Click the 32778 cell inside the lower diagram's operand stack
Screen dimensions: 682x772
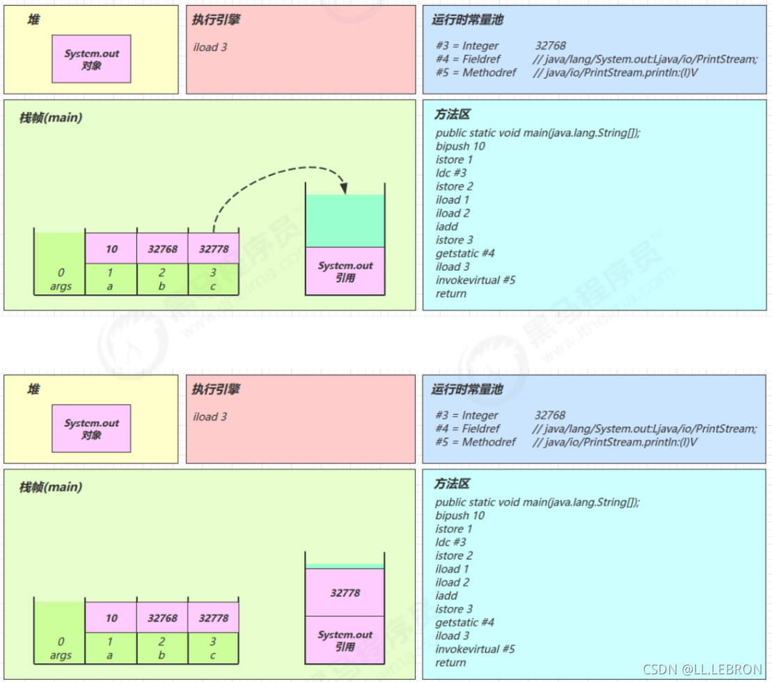click(345, 592)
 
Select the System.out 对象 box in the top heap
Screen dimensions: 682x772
click(91, 59)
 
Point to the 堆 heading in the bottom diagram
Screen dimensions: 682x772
click(33, 390)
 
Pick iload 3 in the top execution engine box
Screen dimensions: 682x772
click(210, 47)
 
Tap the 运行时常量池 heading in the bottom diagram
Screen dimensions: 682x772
click(466, 390)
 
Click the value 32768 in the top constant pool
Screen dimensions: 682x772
click(551, 46)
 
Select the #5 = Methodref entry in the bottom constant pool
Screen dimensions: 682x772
click(475, 442)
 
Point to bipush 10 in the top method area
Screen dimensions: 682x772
click(460, 146)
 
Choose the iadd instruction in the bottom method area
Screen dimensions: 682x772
click(446, 596)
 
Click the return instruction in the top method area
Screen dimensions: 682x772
click(451, 294)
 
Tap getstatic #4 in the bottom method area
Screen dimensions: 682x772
click(464, 622)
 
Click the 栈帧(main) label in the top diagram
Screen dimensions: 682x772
click(51, 118)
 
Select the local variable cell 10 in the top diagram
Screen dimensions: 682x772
click(111, 248)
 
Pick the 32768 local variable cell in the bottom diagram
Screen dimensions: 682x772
click(162, 617)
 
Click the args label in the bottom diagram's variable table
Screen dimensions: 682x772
click(61, 656)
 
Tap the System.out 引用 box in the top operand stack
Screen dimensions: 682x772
click(345, 271)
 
